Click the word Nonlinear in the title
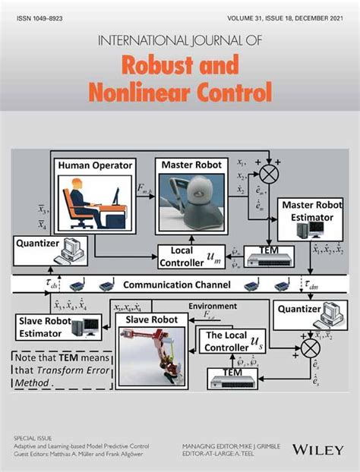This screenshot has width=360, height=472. click(141, 94)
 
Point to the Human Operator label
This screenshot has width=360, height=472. click(94, 165)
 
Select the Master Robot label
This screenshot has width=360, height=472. click(190, 165)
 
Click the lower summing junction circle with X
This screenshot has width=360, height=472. click(310, 348)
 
